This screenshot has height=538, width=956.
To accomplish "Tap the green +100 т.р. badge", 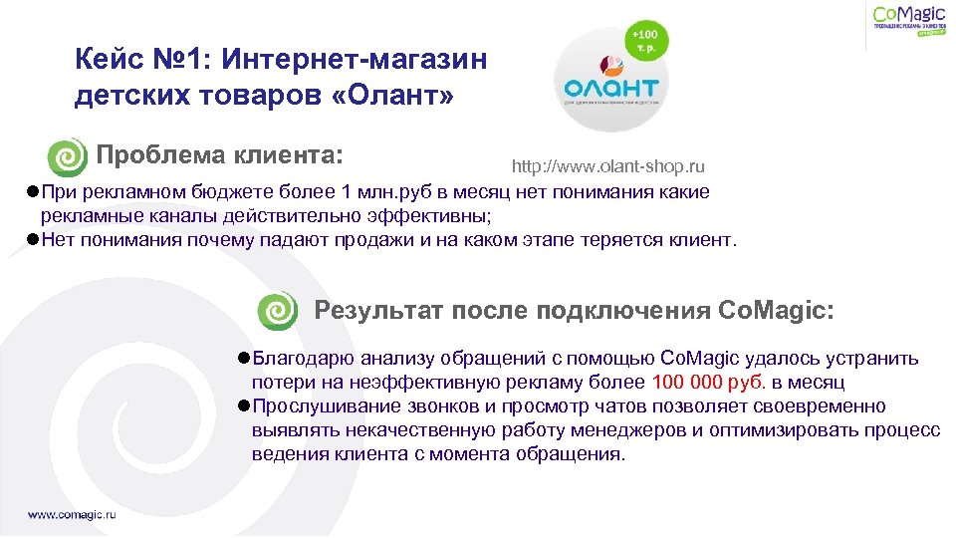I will [x=646, y=42].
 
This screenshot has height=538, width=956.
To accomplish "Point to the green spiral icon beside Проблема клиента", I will [x=68, y=157].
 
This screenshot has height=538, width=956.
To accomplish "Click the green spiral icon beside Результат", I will [x=277, y=311].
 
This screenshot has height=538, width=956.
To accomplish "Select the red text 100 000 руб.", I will [x=709, y=383].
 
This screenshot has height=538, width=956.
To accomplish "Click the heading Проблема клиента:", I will [x=219, y=155].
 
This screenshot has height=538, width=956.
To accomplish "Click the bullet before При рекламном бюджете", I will [x=34, y=192].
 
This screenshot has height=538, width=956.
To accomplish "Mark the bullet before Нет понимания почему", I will [x=34, y=240].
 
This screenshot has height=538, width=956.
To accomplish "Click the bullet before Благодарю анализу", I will [x=244, y=359].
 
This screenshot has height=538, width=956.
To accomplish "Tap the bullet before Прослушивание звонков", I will [x=244, y=406].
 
